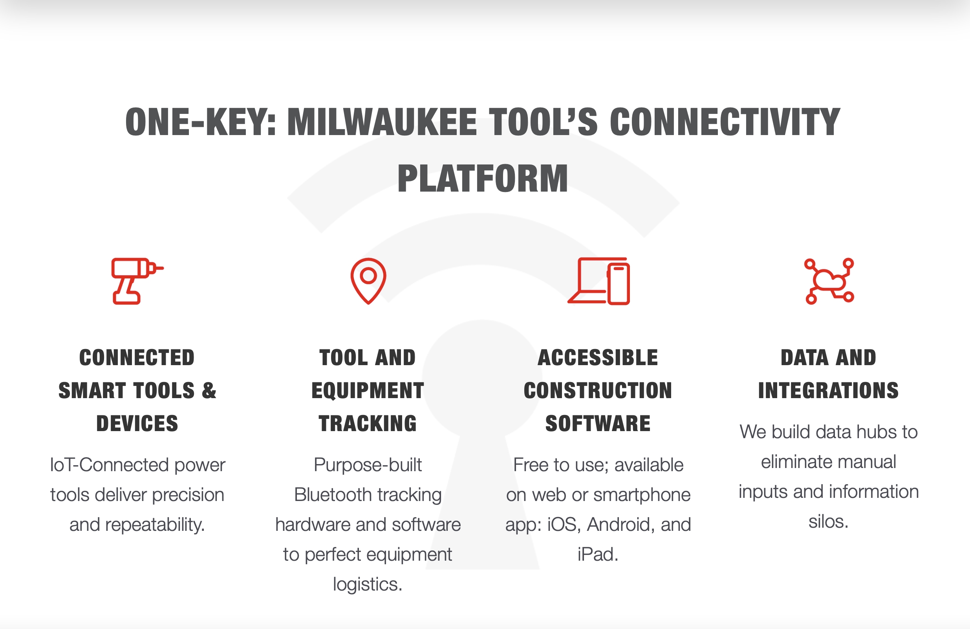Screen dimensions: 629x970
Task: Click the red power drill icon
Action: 136,281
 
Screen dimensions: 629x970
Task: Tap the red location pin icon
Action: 368,281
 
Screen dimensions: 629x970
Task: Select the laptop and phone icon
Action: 599,281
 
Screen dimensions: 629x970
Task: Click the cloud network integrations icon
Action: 829,281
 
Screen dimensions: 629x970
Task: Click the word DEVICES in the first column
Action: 137,423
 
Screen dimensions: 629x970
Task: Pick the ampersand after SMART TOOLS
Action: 209,390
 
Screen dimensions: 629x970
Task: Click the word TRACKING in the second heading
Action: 368,423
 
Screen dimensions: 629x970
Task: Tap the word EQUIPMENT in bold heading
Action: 368,390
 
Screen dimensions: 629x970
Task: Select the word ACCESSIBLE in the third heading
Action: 598,357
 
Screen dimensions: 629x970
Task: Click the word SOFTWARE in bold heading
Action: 598,423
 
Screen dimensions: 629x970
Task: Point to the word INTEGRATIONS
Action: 828,390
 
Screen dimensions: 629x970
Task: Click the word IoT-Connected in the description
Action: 109,465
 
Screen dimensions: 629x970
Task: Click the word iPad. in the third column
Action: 598,554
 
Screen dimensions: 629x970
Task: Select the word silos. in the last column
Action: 828,521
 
